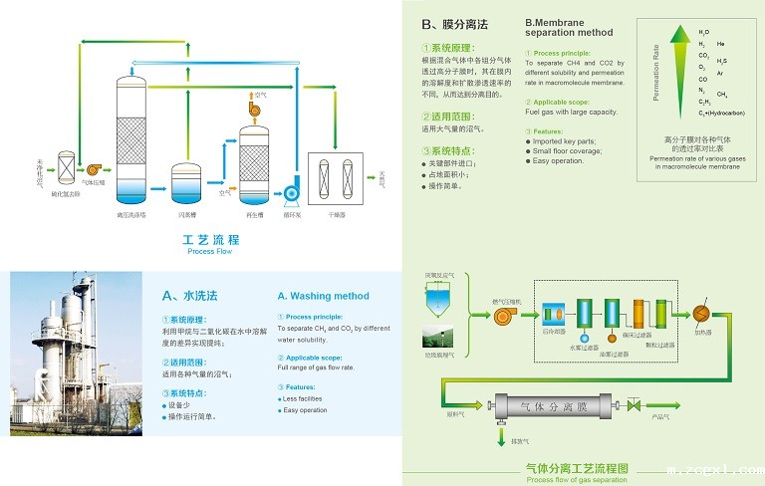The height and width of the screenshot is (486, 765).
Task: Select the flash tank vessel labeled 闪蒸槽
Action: pyautogui.click(x=185, y=182)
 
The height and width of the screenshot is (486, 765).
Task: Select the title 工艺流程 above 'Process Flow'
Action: pyautogui.click(x=210, y=240)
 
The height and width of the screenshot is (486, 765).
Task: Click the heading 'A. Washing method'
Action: pyautogui.click(x=323, y=296)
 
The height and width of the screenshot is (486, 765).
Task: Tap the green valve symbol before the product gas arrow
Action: pyautogui.click(x=632, y=405)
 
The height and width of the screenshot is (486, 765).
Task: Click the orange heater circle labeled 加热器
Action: pyautogui.click(x=699, y=312)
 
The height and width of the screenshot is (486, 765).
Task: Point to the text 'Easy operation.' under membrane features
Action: pyautogui.click(x=558, y=161)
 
